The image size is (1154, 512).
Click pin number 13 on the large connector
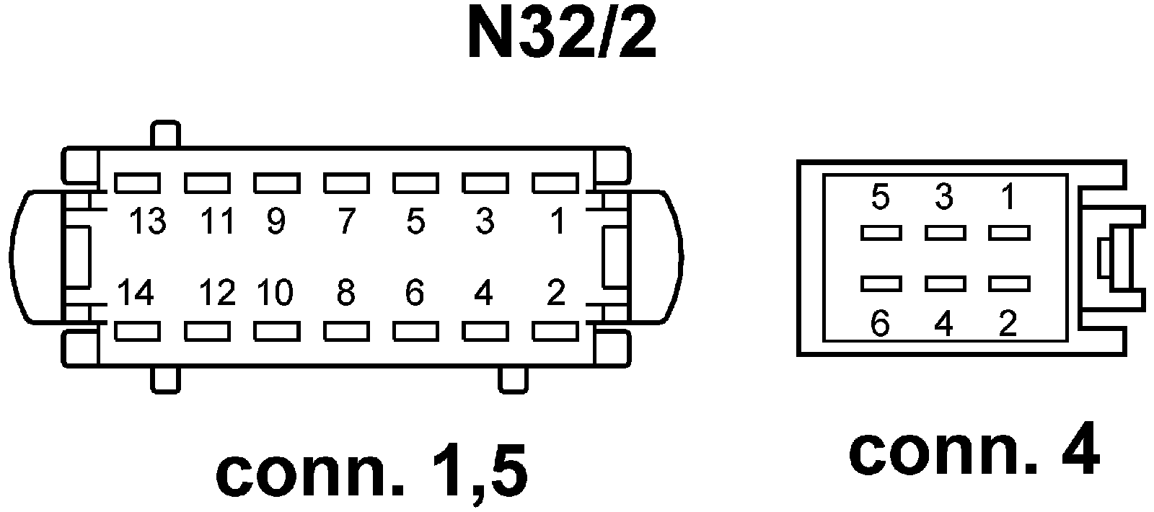(147, 221)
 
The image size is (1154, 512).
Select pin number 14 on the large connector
(135, 293)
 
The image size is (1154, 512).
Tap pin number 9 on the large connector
(276, 221)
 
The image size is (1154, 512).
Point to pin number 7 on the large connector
(345, 221)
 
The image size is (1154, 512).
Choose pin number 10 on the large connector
(275, 293)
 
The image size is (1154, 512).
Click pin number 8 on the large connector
(345, 293)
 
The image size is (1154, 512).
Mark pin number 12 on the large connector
(216, 293)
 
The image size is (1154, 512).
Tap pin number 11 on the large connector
(217, 221)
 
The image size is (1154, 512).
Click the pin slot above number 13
(137, 183)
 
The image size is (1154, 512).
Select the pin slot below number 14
(137, 331)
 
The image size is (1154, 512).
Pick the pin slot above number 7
(346, 183)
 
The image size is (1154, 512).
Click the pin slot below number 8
(346, 331)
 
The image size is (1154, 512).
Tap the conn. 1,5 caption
(371, 472)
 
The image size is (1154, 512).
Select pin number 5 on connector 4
(880, 198)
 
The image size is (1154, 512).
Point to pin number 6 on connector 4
(880, 324)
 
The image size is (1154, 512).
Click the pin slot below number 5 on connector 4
(881, 233)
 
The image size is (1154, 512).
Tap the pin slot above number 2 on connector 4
(1009, 283)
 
